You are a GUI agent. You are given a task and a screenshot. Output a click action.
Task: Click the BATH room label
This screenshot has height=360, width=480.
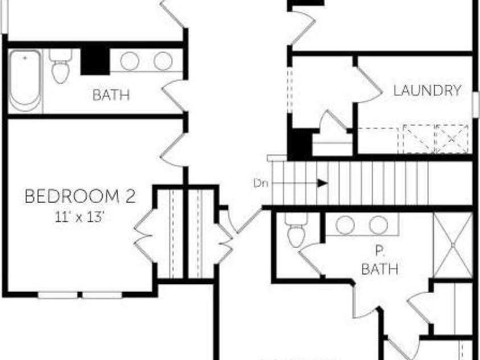pyautogui.click(x=111, y=95)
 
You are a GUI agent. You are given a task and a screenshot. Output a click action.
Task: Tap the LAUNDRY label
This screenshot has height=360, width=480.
pyautogui.click(x=427, y=90)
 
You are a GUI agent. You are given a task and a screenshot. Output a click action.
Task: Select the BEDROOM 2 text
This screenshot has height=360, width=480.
pyautogui.click(x=80, y=197)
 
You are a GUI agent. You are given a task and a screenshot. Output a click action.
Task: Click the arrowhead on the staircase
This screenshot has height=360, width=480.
pyautogui.click(x=322, y=183)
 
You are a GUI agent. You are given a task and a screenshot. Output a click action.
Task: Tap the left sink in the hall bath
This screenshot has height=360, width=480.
pyautogui.click(x=130, y=61)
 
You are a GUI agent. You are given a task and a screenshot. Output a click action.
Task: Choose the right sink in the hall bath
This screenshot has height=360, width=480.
pyautogui.click(x=162, y=61)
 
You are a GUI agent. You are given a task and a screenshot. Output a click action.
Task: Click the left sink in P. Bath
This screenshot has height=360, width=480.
pyautogui.click(x=345, y=225)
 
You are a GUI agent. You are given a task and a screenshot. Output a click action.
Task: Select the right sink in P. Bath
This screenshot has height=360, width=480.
pyautogui.click(x=378, y=225)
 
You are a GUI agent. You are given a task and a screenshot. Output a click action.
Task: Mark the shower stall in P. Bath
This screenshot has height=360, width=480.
pyautogui.click(x=453, y=244)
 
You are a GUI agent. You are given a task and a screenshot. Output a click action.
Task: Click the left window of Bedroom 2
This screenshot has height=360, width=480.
pyautogui.click(x=58, y=295)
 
